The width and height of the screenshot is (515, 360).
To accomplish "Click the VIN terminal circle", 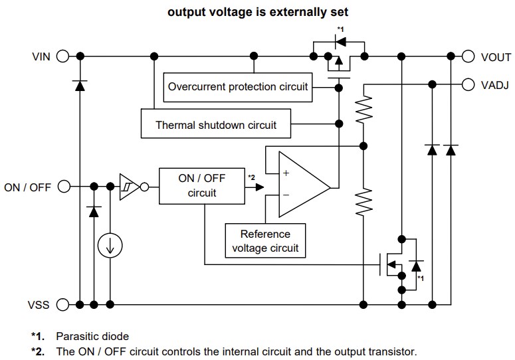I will (63, 56).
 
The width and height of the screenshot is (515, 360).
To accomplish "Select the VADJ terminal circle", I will (468, 84).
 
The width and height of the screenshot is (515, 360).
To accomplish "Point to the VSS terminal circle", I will (63, 305).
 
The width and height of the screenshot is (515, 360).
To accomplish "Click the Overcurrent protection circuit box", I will (238, 87).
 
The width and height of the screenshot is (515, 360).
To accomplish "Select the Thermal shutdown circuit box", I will (216, 124).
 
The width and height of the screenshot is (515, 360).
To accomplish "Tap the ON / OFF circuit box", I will (201, 186).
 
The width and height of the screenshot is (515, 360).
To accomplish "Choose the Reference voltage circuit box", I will (265, 241).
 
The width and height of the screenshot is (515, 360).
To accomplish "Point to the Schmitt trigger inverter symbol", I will (128, 186).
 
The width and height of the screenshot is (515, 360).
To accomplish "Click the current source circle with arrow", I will (110, 247).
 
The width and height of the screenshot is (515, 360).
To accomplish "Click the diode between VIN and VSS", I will (80, 85).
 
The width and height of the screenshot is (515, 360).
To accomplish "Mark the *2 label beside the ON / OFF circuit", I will (251, 177).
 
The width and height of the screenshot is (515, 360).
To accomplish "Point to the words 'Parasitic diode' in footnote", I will (92, 336).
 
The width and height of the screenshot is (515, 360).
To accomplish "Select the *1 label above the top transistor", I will (340, 29).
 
